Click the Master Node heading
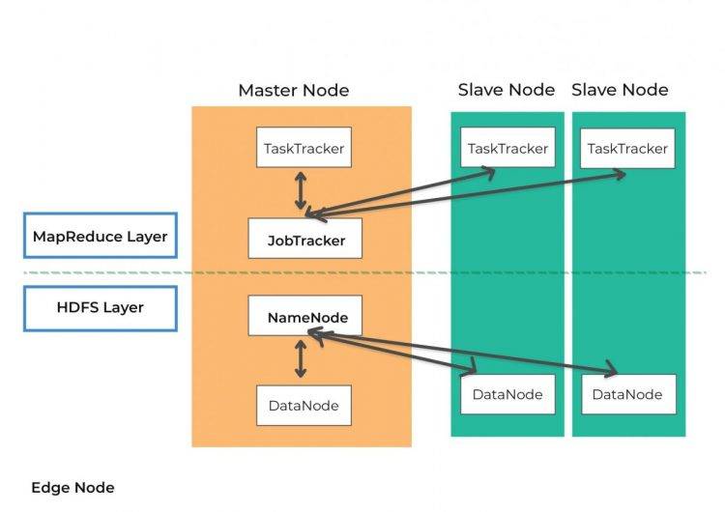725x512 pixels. [x=293, y=91]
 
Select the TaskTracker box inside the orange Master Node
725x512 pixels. [x=304, y=149]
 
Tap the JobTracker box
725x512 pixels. [x=305, y=239]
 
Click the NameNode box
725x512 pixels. [x=306, y=316]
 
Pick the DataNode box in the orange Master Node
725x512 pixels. [x=304, y=405]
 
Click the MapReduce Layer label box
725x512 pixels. [x=101, y=236]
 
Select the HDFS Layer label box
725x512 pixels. [x=101, y=308]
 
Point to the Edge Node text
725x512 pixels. [x=72, y=488]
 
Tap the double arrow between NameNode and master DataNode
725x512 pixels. [x=301, y=360]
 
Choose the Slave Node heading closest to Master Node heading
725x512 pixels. [x=507, y=90]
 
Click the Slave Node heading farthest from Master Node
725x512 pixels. [x=620, y=90]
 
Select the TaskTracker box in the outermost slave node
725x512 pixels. [x=627, y=148]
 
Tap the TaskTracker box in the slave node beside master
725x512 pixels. [x=507, y=148]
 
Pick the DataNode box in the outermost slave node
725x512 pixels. [x=627, y=394]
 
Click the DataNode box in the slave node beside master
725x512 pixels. [x=507, y=394]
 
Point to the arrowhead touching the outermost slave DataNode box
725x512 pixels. [x=610, y=371]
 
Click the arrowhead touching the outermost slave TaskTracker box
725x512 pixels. [x=618, y=174]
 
